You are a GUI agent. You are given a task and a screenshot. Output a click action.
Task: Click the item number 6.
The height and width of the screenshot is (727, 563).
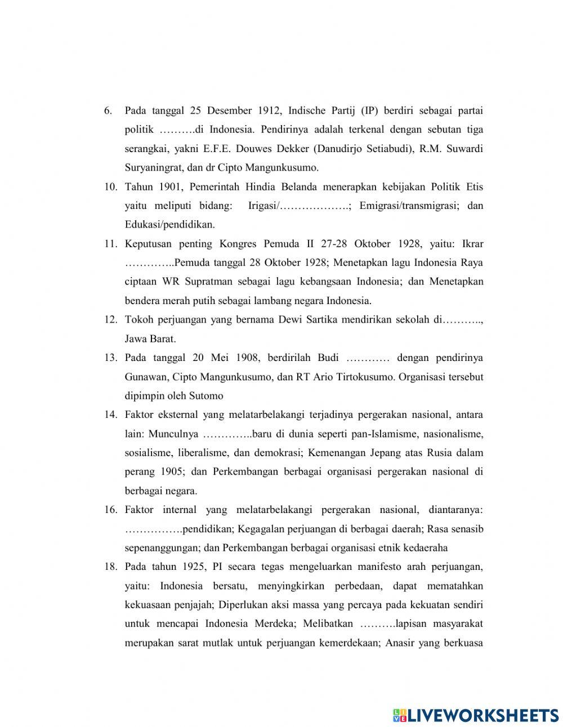point(109,110)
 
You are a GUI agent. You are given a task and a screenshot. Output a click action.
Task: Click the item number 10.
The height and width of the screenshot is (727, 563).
point(110,187)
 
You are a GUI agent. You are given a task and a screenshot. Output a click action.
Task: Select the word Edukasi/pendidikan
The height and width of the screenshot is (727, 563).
point(169,225)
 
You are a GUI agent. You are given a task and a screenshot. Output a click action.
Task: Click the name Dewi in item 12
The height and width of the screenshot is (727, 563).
point(291,320)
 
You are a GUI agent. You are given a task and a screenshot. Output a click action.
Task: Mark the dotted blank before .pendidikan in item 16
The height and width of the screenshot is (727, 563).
point(153,529)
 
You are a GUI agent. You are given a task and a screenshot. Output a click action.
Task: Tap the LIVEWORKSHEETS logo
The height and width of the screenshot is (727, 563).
point(476,715)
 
